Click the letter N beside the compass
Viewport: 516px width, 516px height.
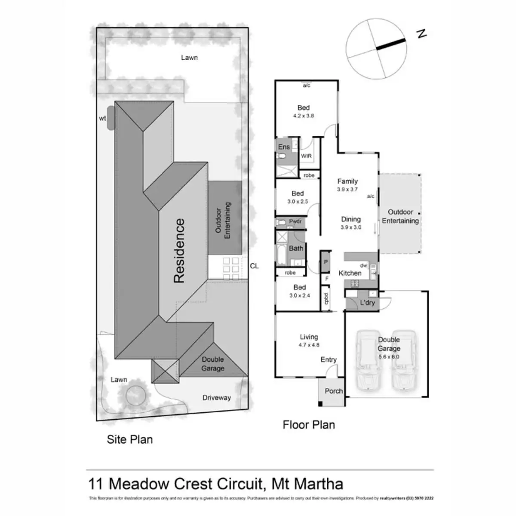pos(422,33)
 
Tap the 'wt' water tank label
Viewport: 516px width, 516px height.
pos(102,118)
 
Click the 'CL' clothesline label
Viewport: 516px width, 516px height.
pos(254,266)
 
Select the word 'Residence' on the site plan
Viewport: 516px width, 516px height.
pos(179,251)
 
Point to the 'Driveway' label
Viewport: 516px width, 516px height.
pos(216,398)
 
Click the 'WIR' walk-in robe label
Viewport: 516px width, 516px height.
pos(306,156)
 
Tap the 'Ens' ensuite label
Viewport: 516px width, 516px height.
pos(284,147)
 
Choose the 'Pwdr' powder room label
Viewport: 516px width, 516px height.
pos(295,221)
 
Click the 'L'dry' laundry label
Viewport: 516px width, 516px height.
pos(367,303)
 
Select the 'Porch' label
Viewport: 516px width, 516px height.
pos(334,391)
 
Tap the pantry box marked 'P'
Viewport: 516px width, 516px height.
pos(326,262)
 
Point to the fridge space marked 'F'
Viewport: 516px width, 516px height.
pos(327,279)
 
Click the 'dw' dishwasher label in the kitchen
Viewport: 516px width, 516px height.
pos(363,266)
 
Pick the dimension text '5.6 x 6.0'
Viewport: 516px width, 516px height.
pos(389,357)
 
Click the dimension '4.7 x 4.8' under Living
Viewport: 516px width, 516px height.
pos(309,345)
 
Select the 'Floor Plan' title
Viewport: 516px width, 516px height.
pos(308,425)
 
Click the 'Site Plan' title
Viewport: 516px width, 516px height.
pos(129,439)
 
